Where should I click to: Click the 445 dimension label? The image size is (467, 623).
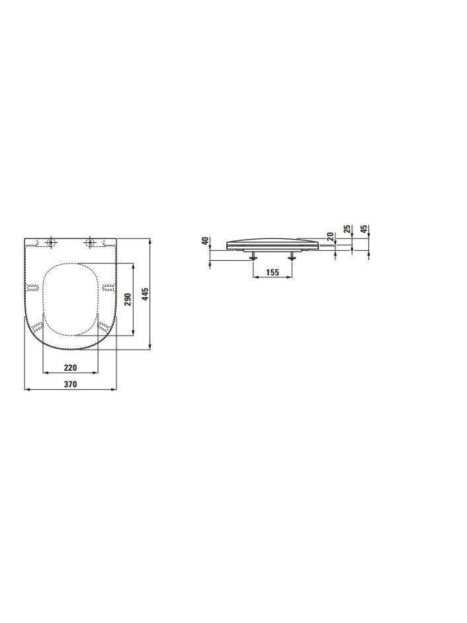pyautogui.click(x=146, y=294)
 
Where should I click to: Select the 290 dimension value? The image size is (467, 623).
pyautogui.click(x=128, y=299)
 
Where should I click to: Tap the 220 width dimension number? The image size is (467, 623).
pyautogui.click(x=70, y=367)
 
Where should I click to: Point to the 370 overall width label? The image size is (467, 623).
pyautogui.click(x=70, y=384)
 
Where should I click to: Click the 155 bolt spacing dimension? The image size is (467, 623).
pyautogui.click(x=273, y=272)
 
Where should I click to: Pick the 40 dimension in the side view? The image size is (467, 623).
pyautogui.click(x=205, y=241)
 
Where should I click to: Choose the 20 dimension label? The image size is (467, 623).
pyautogui.click(x=329, y=236)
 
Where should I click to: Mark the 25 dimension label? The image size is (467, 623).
pyautogui.click(x=347, y=229)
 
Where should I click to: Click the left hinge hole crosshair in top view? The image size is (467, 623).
pyautogui.click(x=50, y=242)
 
